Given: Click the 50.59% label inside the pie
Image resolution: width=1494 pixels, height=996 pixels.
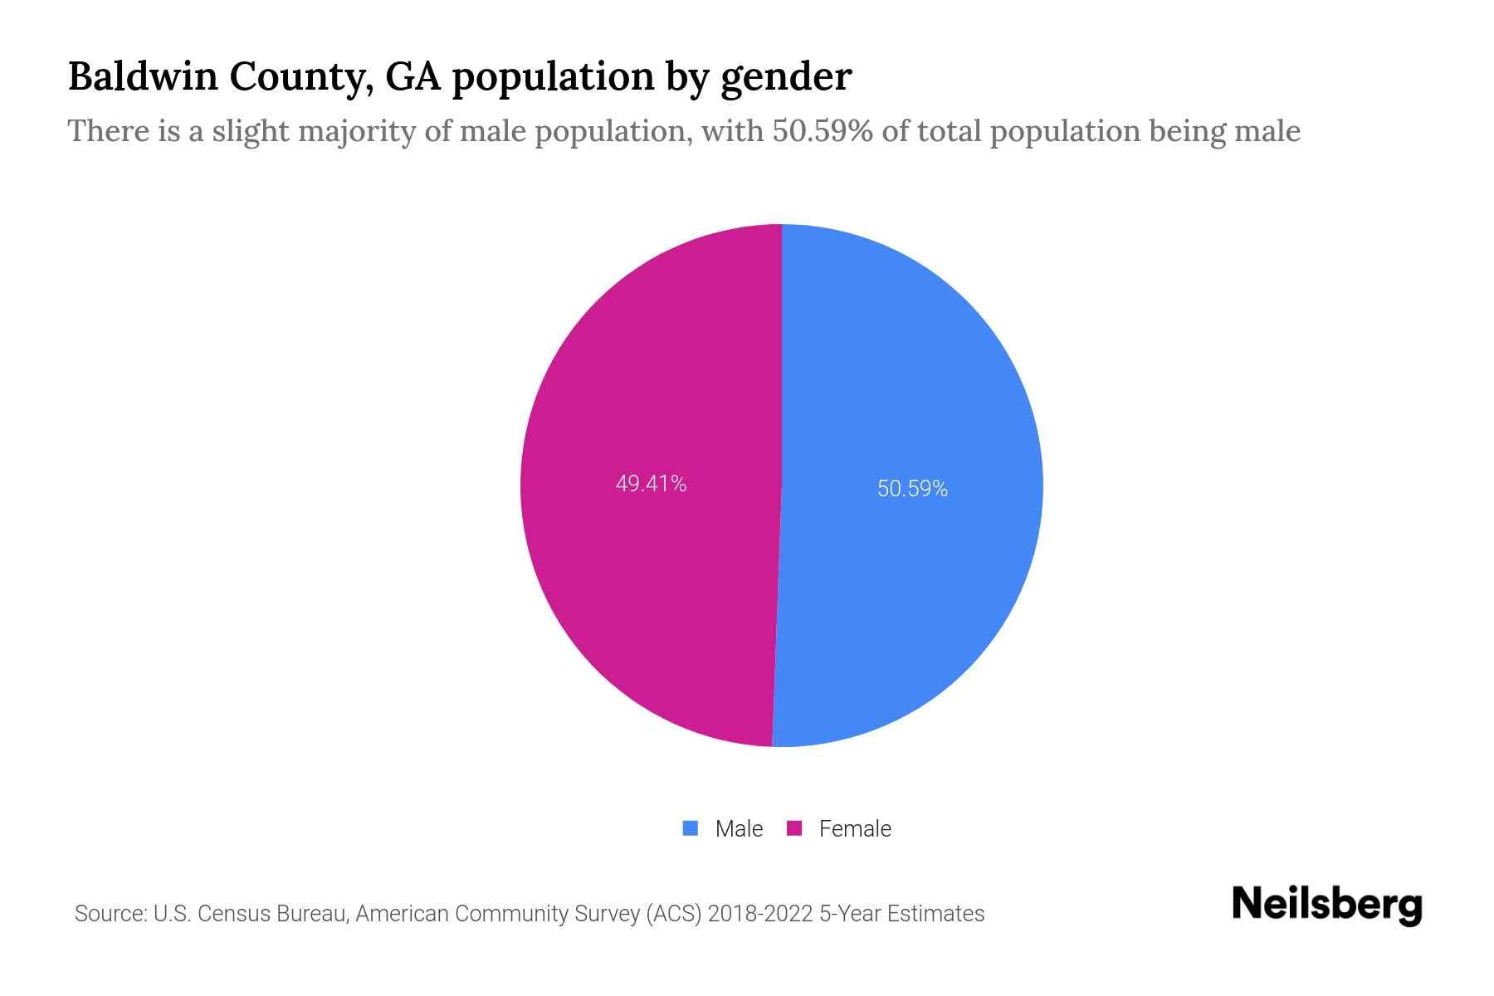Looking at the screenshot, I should pyautogui.click(x=912, y=489).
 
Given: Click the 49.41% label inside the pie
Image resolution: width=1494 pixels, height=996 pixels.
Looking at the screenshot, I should pyautogui.click(x=651, y=484).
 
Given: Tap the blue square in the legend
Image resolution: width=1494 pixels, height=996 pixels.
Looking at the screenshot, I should pyautogui.click(x=690, y=828).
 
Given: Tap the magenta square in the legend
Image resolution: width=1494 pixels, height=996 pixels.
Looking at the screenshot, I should pyautogui.click(x=794, y=828).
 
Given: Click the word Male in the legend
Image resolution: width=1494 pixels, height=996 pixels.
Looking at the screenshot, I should pyautogui.click(x=739, y=829).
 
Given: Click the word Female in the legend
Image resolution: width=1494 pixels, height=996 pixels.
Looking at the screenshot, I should pyautogui.click(x=855, y=829).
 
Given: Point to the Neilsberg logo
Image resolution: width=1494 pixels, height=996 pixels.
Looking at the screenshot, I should pyautogui.click(x=1326, y=905).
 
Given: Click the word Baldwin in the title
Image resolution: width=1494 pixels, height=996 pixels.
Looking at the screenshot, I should pyautogui.click(x=142, y=76).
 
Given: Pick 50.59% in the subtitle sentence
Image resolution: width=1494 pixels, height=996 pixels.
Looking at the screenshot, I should pyautogui.click(x=822, y=131).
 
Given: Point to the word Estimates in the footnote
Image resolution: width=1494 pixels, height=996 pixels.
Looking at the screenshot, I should pyautogui.click(x=935, y=914).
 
